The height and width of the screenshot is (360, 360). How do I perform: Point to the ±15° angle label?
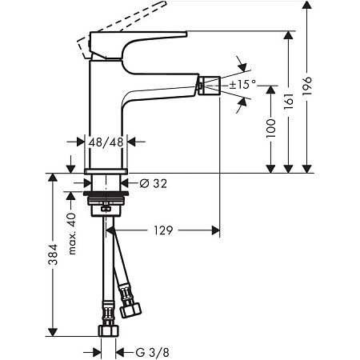coord(242,84)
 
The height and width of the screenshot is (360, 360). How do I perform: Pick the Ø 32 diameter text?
coord(153,183)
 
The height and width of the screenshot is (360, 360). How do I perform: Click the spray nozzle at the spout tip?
coord(210,82)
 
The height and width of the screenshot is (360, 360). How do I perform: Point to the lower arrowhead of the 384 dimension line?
coord(52,331)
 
